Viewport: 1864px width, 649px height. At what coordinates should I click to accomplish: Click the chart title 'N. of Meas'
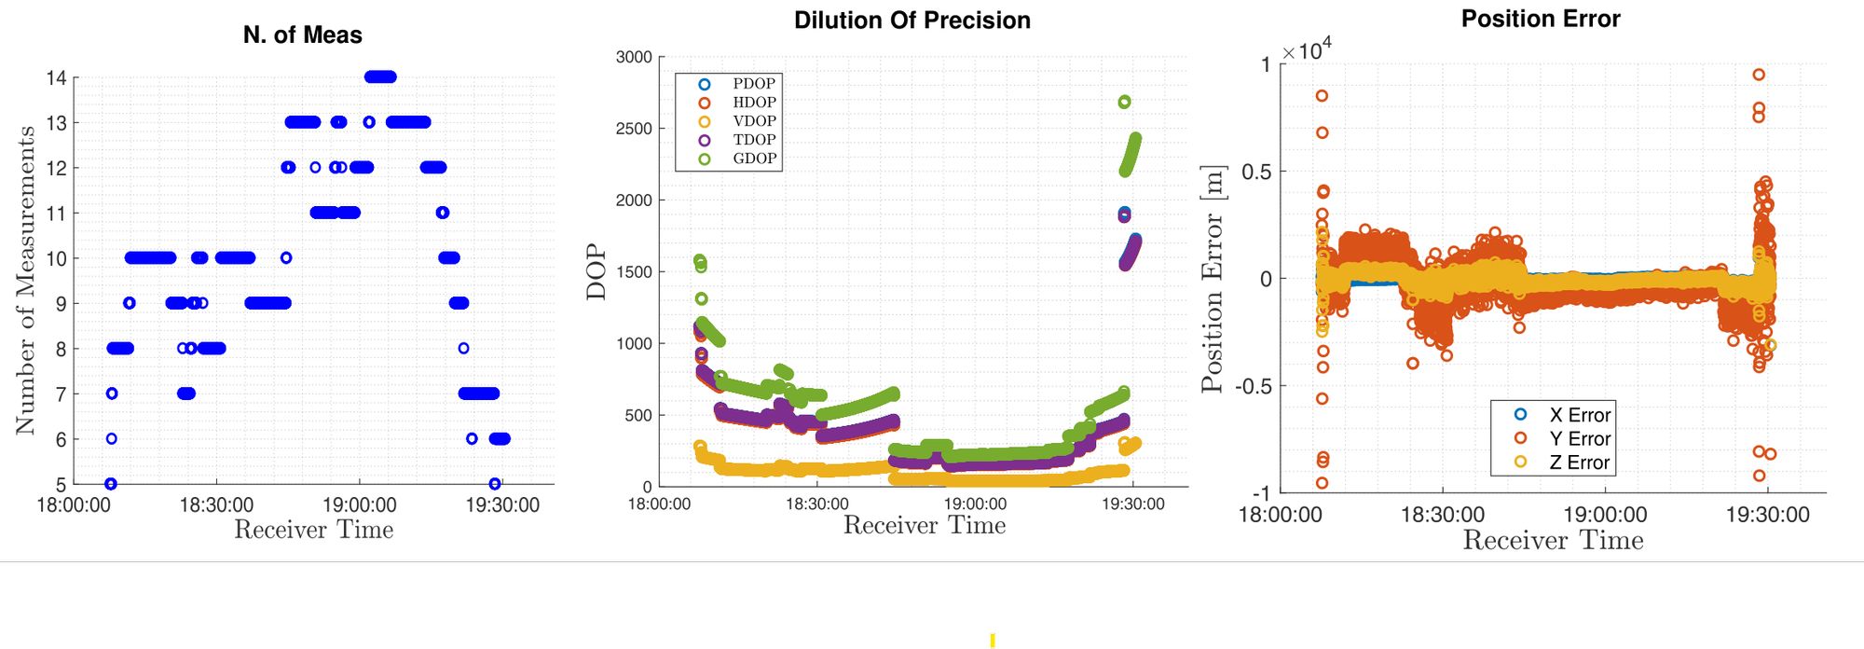[302, 35]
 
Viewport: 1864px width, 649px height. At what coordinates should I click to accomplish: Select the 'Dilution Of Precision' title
[911, 21]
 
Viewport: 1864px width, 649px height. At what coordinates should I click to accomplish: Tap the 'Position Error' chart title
[1540, 19]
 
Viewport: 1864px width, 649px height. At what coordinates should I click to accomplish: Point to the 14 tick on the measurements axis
[57, 77]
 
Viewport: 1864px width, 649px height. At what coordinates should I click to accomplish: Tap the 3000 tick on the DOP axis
[634, 57]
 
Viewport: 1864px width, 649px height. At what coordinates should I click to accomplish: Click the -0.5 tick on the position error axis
[1254, 386]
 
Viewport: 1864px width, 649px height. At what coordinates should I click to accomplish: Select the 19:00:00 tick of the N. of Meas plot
[360, 504]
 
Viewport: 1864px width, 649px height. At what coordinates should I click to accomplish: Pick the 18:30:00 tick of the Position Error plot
[1442, 515]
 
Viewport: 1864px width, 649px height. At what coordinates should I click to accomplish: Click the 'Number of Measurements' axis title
[25, 280]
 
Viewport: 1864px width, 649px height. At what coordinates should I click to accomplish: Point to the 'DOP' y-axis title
[596, 272]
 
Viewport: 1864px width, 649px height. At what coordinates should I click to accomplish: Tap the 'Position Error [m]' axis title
[1212, 280]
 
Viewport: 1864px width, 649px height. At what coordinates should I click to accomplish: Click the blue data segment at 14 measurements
[380, 77]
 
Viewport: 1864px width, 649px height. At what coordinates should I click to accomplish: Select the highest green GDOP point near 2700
[1124, 102]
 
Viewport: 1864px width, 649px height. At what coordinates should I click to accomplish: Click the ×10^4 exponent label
[1307, 51]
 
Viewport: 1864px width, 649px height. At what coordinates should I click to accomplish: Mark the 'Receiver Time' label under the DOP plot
[924, 526]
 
